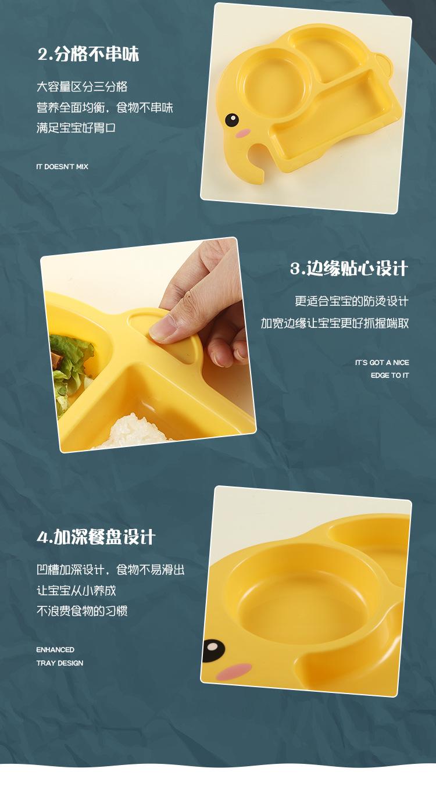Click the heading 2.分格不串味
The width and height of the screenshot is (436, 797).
point(88,55)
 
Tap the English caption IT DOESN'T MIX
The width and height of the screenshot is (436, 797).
point(62,167)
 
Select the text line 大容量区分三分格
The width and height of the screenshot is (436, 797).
point(82,87)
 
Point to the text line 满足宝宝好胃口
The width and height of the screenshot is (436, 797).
point(76,128)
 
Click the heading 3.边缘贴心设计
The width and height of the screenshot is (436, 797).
point(349,269)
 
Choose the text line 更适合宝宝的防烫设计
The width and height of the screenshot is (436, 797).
point(351,301)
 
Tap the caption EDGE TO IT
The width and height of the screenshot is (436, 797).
point(389,376)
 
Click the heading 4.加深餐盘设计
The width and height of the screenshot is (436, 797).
point(96,537)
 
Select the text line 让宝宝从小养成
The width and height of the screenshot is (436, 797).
point(76,590)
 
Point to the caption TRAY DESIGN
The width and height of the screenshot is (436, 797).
point(60,663)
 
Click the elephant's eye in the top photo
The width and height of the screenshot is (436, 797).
point(231,120)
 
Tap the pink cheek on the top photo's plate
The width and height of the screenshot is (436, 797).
point(242,133)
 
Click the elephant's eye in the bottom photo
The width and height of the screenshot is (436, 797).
point(213,647)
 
